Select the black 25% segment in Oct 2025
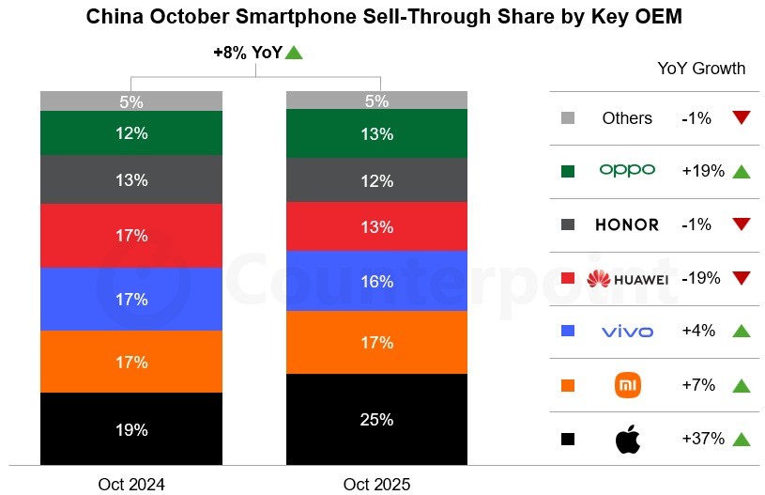376,419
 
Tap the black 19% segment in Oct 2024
131,429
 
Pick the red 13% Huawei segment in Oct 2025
376,226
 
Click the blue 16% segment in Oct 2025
376,281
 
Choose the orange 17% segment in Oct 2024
131,362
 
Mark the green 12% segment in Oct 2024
131,133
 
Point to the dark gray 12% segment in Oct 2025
376,179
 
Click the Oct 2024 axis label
131,485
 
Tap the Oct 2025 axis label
376,485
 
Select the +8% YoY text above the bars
248,54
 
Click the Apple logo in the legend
627,439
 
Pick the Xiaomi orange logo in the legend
627,385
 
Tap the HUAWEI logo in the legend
627,279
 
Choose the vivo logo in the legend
627,332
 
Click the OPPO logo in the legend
627,171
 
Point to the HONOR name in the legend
627,225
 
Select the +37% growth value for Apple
702,439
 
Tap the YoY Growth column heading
702,69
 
